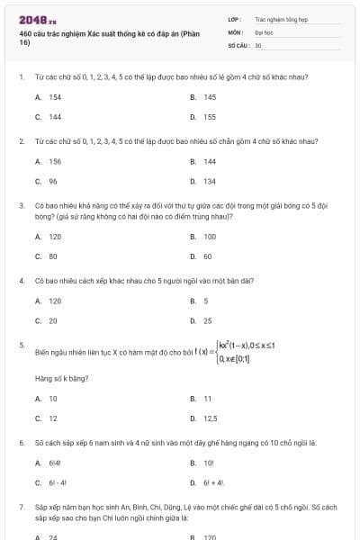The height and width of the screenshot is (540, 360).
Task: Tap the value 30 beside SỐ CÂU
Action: (258, 44)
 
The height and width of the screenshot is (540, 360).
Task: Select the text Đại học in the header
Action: (264, 31)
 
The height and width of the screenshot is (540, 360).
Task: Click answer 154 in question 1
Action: (55, 97)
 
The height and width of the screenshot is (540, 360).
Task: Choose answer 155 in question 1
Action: (210, 117)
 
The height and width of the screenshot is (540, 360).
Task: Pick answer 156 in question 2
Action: (55, 162)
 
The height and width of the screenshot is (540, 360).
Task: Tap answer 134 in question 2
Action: (210, 181)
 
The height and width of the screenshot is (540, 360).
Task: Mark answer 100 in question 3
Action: (210, 237)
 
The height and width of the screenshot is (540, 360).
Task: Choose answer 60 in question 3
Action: (208, 256)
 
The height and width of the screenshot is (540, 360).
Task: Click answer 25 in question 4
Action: (208, 320)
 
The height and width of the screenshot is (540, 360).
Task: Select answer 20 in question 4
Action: (53, 320)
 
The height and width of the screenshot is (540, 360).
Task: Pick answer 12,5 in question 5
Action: (211, 418)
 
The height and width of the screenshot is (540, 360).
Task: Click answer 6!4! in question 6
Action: (55, 463)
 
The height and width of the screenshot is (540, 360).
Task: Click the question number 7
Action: (21, 508)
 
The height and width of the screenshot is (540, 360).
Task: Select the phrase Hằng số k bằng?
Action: (54, 379)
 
